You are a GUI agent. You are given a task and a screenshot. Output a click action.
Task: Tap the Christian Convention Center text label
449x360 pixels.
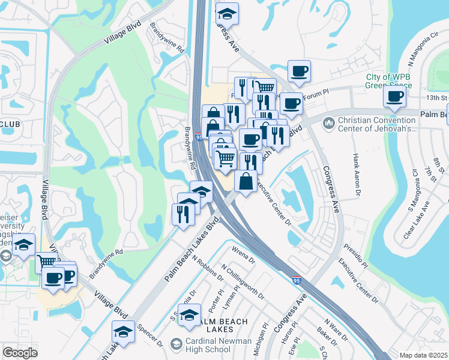click(x=377, y=124)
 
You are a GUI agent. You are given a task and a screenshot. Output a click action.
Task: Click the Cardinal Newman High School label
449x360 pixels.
click(x=207, y=345)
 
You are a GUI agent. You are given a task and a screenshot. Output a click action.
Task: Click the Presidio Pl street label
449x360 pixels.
click(x=355, y=255)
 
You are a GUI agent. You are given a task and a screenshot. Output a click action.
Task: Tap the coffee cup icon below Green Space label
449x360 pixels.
click(x=394, y=97)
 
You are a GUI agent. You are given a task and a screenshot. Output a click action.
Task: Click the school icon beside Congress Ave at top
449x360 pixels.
click(x=226, y=13)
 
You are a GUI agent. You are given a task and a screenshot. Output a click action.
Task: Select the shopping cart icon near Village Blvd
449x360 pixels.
click(x=46, y=262)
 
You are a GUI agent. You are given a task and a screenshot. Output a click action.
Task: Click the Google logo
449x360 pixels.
click(x=20, y=352)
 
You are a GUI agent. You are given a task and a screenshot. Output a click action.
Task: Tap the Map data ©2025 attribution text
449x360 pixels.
click(x=424, y=355)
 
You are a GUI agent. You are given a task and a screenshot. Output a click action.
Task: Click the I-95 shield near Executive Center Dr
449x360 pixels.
click(x=297, y=280)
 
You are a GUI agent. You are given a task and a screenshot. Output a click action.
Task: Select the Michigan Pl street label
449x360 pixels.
click(x=264, y=340)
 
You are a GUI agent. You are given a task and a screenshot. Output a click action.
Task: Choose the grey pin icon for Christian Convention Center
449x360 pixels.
click(x=328, y=124)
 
